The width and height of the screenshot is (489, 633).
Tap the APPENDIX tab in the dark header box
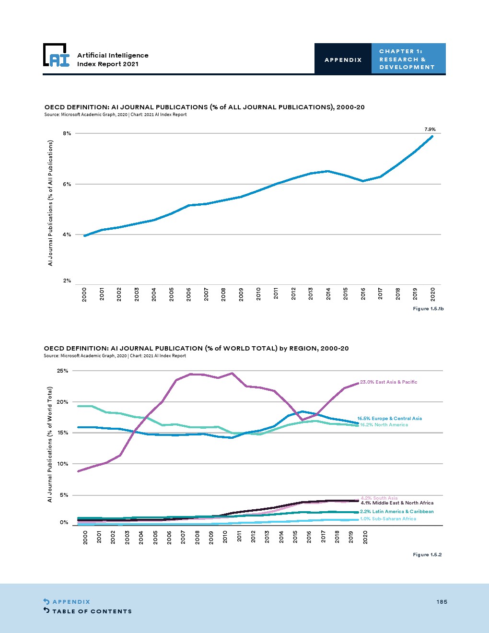point(343,59)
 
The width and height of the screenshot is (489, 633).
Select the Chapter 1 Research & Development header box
point(408,59)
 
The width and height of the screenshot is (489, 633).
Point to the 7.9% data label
point(430,129)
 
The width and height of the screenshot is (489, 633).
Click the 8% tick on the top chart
point(67,134)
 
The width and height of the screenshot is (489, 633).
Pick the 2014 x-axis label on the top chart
point(328,293)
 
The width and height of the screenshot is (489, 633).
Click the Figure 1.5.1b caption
point(428,308)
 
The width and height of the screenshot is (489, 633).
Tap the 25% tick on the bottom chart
point(63,371)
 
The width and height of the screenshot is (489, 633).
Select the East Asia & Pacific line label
point(388,382)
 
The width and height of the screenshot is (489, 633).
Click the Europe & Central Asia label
point(390,418)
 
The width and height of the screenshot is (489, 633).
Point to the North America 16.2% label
point(384,425)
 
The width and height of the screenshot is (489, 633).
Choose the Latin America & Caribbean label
point(397,512)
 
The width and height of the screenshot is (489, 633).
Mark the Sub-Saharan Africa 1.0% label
point(388,519)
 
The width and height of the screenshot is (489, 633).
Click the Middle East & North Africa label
point(397,503)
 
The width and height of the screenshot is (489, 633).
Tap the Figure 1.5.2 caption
point(427,555)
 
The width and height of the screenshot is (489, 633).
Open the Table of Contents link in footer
point(92,611)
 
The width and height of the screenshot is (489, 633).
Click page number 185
point(442,602)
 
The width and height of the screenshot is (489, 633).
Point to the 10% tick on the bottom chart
point(63,464)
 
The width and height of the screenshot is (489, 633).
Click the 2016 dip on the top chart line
point(363,181)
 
